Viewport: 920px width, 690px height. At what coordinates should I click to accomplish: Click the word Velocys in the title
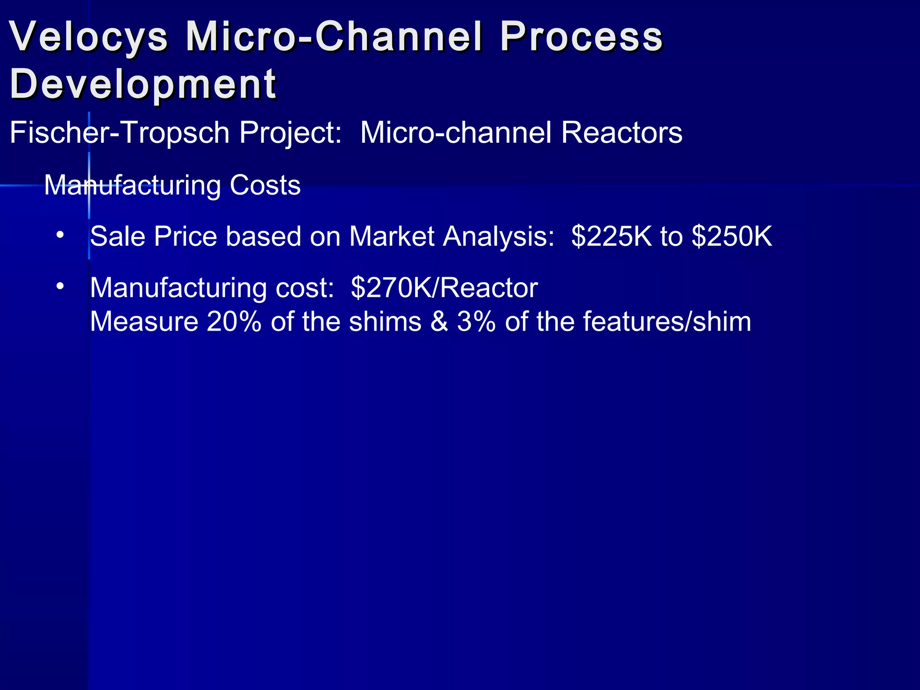(x=89, y=37)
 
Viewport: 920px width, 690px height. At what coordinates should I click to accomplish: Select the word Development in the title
(x=143, y=84)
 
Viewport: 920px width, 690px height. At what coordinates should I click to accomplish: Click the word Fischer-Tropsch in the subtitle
(x=119, y=133)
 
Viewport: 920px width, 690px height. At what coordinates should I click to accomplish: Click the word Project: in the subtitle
(x=290, y=133)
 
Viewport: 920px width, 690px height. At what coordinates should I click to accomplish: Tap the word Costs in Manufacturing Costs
(x=265, y=185)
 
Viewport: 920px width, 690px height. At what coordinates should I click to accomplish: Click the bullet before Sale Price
(x=60, y=234)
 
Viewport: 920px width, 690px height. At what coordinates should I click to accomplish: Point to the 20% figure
(x=234, y=322)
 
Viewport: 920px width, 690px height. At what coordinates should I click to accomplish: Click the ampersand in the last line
(x=439, y=322)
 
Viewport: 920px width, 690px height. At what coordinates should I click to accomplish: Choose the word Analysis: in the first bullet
(x=499, y=237)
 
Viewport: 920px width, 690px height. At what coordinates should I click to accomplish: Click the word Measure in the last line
(x=144, y=322)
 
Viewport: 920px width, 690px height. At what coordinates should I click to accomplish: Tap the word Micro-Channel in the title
(x=334, y=37)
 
